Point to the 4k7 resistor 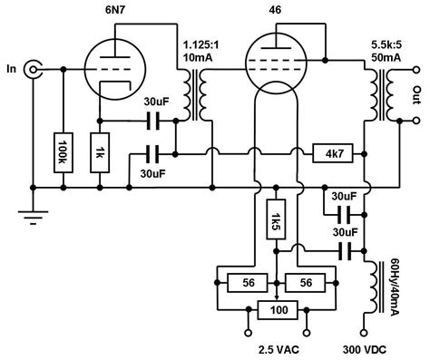[328, 153]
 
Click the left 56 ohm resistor [248, 282]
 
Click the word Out [415, 93]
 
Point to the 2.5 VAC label [276, 347]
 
